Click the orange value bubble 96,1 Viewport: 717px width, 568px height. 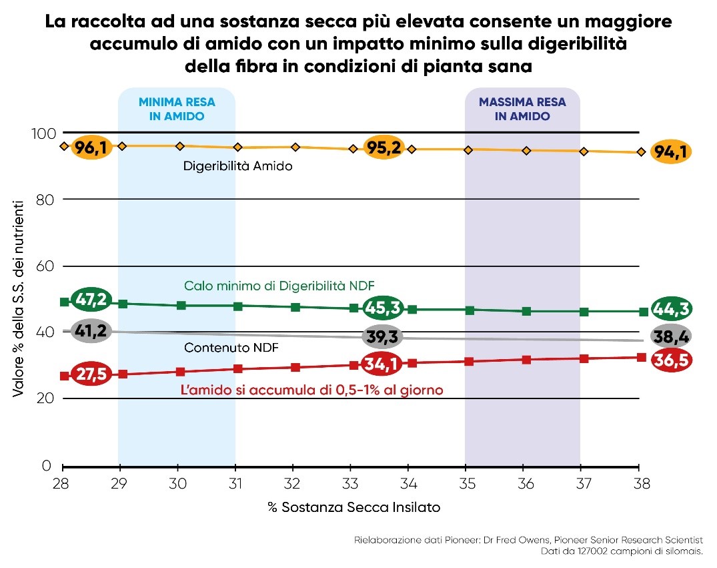click(91, 147)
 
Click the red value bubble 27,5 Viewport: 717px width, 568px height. click(91, 374)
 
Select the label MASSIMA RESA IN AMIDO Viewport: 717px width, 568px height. click(522, 109)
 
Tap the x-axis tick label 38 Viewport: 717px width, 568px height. click(639, 483)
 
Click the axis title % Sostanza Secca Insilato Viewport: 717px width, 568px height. click(353, 507)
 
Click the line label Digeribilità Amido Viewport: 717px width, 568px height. click(237, 166)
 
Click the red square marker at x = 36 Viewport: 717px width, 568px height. click(526, 360)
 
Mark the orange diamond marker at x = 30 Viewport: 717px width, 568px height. click(179, 146)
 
